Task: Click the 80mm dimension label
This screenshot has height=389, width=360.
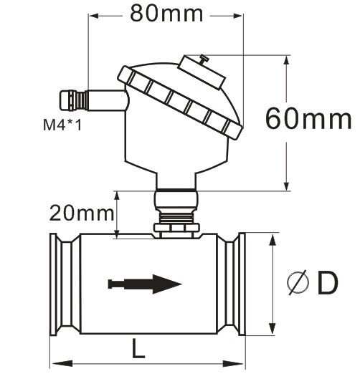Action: click(166, 14)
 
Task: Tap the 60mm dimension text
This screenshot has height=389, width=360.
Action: click(308, 118)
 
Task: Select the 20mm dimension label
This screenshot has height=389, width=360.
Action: click(82, 213)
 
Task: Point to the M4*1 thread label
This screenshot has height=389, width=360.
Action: click(62, 125)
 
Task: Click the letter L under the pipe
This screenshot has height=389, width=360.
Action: click(138, 348)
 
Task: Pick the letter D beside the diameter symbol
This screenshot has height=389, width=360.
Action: click(328, 283)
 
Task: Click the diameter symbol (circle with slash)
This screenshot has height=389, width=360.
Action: click(298, 282)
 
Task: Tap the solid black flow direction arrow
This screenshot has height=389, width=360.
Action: click(145, 284)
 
